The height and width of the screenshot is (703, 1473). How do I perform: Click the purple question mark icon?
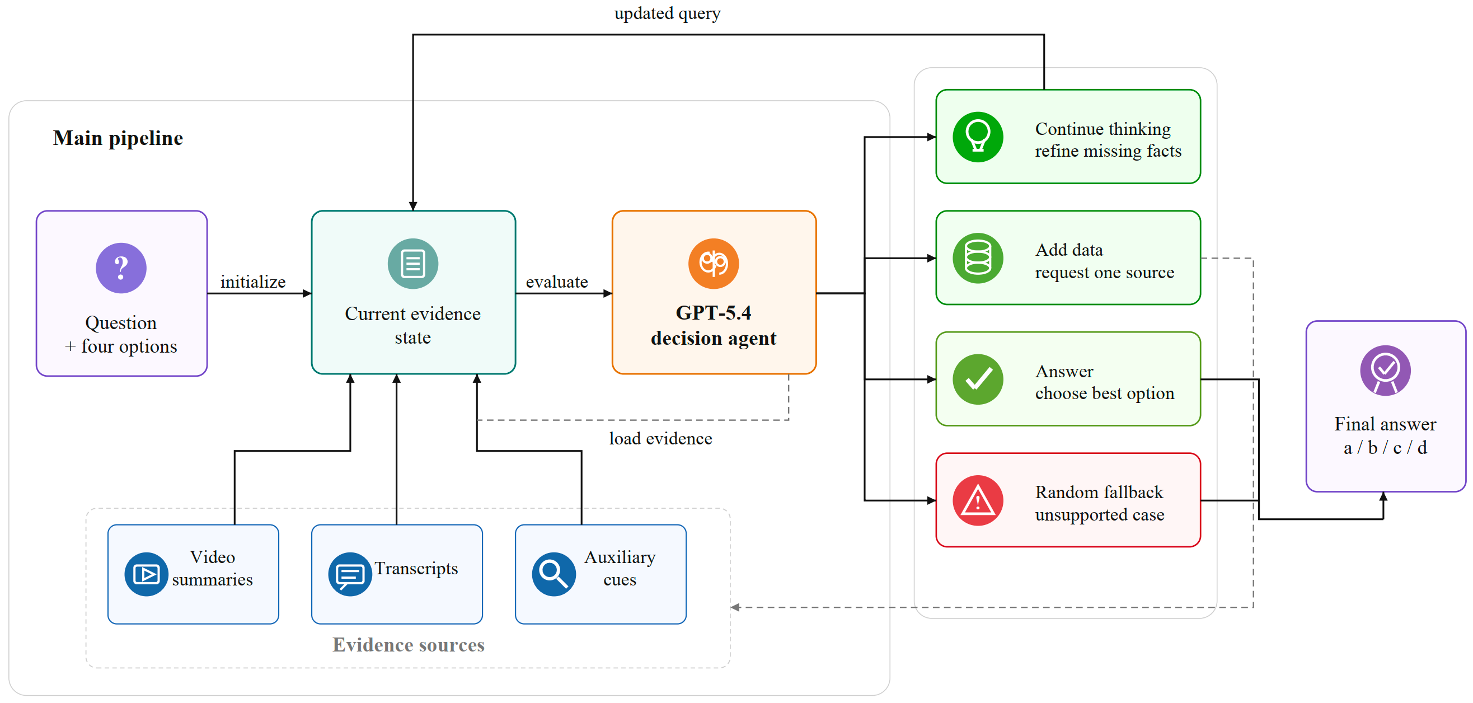pos(121,268)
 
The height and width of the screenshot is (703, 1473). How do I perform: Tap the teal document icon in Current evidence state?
pos(413,264)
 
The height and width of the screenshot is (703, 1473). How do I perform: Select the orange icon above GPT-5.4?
pos(714,264)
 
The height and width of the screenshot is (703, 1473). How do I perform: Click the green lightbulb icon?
pos(978,137)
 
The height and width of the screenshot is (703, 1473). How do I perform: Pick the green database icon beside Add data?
pos(978,259)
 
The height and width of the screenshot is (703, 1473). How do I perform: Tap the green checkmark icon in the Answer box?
pos(978,380)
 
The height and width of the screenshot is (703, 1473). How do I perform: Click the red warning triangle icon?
pos(978,501)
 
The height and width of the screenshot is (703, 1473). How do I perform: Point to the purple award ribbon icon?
pos(1385,371)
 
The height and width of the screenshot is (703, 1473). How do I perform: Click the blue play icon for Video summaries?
pos(147,574)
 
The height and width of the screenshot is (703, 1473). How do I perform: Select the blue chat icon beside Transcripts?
pos(350,574)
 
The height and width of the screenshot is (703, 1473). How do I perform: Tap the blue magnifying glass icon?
pos(553,574)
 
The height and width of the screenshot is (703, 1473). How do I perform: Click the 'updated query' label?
pos(667,13)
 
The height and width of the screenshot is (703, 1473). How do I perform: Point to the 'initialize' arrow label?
pos(253,282)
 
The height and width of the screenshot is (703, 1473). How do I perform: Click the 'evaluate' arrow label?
pos(556,282)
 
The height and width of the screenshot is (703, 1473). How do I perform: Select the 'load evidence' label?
pos(660,439)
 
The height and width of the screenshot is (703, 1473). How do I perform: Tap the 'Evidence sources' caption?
pos(409,645)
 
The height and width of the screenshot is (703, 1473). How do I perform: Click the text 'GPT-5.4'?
pos(714,313)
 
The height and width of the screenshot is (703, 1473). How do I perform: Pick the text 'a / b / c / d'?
pos(1385,448)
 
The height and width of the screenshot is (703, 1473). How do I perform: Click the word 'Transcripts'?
pos(416,569)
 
